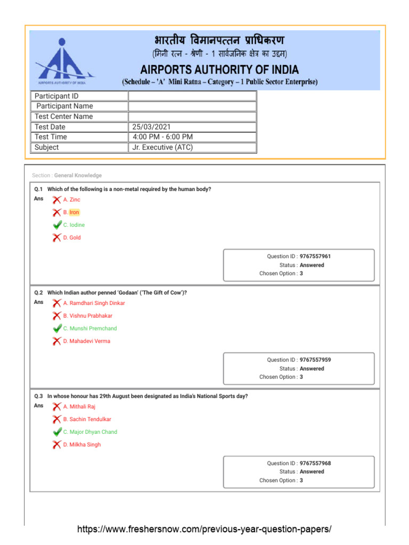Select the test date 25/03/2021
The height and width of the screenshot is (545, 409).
click(152, 127)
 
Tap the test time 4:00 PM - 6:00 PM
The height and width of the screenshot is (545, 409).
click(163, 137)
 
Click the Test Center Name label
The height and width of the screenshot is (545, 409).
click(63, 117)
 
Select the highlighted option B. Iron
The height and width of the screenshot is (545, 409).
click(71, 212)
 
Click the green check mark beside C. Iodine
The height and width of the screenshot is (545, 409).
click(57, 225)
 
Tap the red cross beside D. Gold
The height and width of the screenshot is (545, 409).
click(56, 238)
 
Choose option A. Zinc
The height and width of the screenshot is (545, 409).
click(72, 200)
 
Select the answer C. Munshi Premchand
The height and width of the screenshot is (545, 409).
click(90, 328)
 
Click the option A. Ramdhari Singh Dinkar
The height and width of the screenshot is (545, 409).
click(94, 303)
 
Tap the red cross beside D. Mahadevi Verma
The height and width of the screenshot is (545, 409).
click(56, 341)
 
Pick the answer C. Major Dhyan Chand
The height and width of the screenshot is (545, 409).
click(90, 432)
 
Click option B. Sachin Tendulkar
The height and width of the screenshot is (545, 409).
click(87, 419)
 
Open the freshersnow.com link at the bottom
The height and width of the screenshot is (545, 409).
click(204, 529)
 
